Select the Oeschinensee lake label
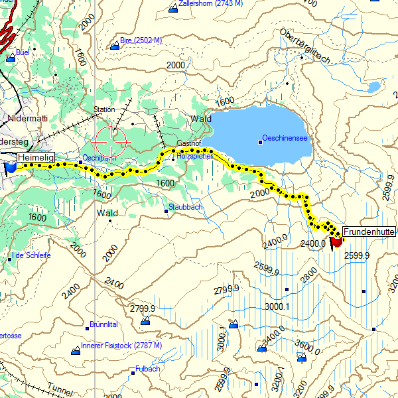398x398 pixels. [285, 138]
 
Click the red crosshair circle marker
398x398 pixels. [111, 140]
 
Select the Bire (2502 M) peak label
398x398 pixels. [141, 40]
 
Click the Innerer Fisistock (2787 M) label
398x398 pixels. [121, 346]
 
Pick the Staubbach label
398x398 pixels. [186, 207]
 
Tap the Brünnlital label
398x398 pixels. [103, 324]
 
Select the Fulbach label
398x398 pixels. [147, 369]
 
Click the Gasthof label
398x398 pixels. [188, 144]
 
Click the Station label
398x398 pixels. [104, 109]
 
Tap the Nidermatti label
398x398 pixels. [28, 118]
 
